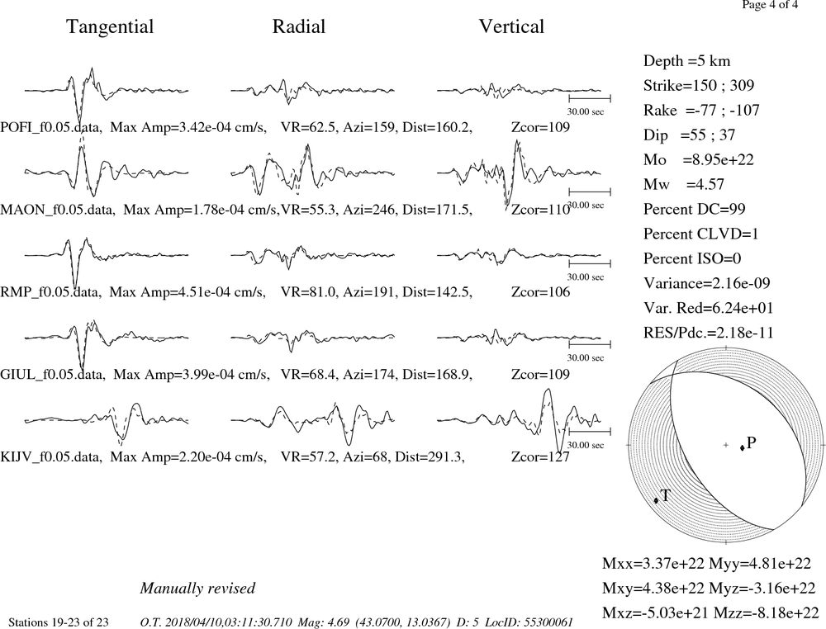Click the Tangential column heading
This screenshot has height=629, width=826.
(x=110, y=27)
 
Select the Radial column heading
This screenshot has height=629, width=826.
(x=299, y=27)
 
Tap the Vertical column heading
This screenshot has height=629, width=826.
(x=511, y=27)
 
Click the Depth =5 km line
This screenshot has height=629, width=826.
(x=687, y=61)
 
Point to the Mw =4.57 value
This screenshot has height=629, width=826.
(x=684, y=184)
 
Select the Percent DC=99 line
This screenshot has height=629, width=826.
(x=695, y=209)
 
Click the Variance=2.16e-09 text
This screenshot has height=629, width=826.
(x=707, y=283)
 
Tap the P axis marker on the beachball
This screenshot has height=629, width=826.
(x=743, y=448)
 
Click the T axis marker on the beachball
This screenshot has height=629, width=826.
(x=657, y=500)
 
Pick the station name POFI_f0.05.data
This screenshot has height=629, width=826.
(x=50, y=127)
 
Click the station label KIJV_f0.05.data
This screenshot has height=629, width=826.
(x=50, y=456)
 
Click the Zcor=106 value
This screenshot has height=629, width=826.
(x=540, y=292)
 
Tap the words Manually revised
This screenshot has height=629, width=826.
(x=197, y=588)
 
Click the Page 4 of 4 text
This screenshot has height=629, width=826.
(x=770, y=5)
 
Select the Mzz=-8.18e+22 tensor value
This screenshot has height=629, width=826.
(x=766, y=612)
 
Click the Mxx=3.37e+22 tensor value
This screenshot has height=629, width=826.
(x=653, y=563)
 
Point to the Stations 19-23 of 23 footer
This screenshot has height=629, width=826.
(x=59, y=622)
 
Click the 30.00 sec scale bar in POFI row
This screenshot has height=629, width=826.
(x=590, y=98)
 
